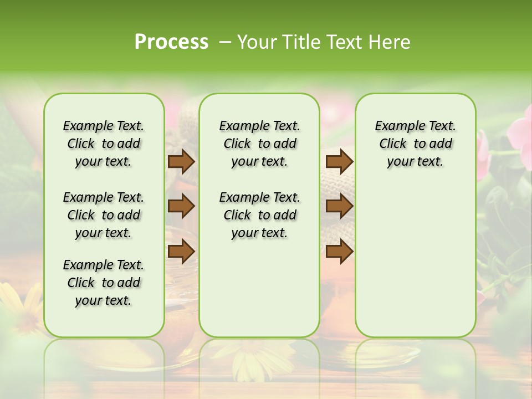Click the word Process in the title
point(171,42)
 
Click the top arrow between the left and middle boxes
point(181,161)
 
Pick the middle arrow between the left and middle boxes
point(181,206)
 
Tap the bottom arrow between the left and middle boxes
point(181,251)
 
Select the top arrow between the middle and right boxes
point(339,161)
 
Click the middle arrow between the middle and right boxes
point(339,206)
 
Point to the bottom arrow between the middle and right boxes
point(339,251)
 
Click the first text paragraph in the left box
point(104,144)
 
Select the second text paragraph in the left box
point(104,215)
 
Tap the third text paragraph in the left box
point(104,283)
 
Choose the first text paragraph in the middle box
point(259,144)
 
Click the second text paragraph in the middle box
point(259,215)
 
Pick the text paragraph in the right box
point(415,144)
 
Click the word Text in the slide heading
point(342,42)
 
